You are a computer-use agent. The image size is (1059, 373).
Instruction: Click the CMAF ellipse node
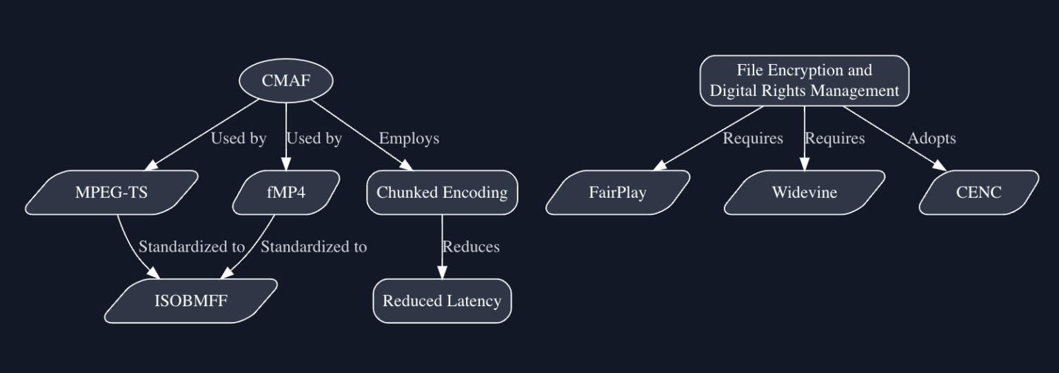tap(286, 81)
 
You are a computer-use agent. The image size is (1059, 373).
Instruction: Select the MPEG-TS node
tap(112, 192)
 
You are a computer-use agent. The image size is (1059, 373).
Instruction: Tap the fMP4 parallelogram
tap(286, 192)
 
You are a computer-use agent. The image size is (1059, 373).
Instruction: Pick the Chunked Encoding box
tap(442, 192)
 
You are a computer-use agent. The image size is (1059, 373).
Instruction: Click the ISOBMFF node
tap(190, 301)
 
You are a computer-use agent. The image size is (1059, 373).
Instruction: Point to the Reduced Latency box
tap(442, 301)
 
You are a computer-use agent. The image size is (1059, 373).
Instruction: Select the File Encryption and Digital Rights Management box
tap(804, 81)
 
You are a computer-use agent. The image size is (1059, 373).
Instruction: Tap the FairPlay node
tap(618, 192)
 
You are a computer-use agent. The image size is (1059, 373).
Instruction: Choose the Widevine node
tap(804, 192)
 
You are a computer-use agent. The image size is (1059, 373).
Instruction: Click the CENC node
tap(978, 192)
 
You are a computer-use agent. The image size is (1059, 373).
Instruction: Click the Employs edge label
tap(409, 139)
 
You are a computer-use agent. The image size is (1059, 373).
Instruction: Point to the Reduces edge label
tap(471, 247)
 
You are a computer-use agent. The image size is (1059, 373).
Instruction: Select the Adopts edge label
tap(931, 139)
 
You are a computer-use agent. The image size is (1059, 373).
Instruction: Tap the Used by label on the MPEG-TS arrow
tap(239, 139)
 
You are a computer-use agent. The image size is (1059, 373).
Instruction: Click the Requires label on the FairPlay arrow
tap(753, 139)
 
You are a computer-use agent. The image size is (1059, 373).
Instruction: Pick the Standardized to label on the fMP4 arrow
tap(314, 247)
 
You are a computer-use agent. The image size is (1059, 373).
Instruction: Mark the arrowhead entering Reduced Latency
tap(442, 274)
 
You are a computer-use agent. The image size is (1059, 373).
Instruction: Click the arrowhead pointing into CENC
tap(940, 165)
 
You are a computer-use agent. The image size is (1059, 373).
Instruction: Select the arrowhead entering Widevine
tap(804, 165)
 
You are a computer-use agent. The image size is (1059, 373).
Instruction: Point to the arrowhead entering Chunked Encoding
tap(405, 165)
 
